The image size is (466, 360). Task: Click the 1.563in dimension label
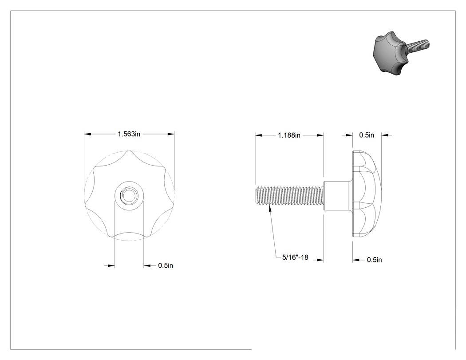click(x=129, y=134)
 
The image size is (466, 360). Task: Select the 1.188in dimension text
click(x=289, y=135)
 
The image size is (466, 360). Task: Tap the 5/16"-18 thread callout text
click(x=295, y=257)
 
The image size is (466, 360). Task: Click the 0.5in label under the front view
click(x=166, y=265)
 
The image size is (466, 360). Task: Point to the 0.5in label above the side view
click(x=367, y=135)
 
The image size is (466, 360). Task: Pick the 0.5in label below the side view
click(x=374, y=260)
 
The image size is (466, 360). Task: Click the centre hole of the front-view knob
click(x=129, y=195)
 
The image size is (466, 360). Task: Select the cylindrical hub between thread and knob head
click(x=338, y=196)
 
